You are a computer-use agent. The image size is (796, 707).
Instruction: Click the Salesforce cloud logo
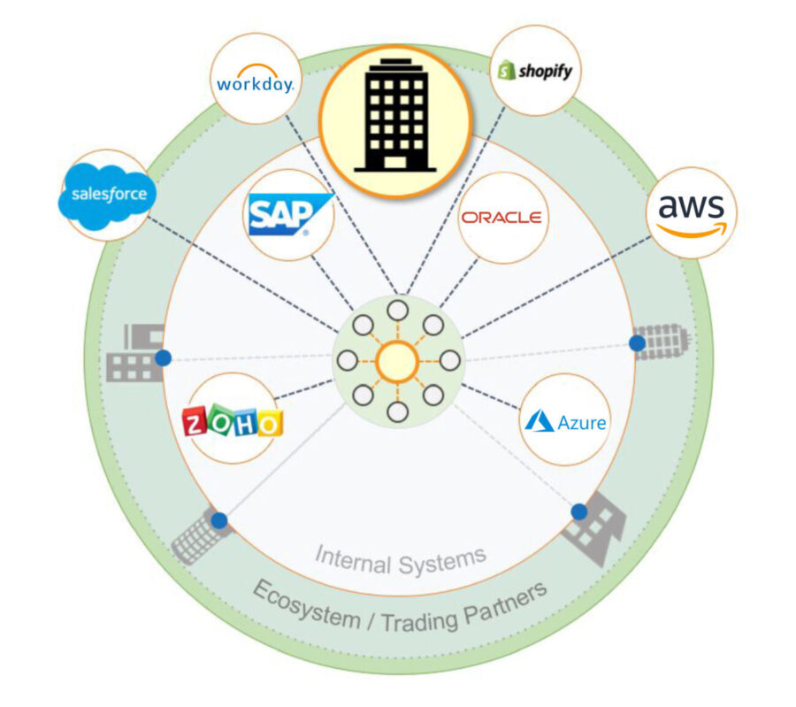pyautogui.click(x=102, y=194)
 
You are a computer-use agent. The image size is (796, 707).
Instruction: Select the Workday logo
pyautogui.click(x=256, y=82)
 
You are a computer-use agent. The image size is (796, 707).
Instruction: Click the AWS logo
pyautogui.click(x=691, y=213)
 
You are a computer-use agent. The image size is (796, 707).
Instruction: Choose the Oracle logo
pyautogui.click(x=501, y=217)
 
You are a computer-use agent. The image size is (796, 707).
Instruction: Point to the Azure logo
pyautogui.click(x=565, y=421)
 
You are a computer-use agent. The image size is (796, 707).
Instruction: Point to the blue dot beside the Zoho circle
pyautogui.click(x=163, y=357)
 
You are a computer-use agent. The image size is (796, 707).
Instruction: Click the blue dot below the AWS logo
pyautogui.click(x=637, y=342)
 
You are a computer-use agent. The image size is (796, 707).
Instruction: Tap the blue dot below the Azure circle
pyautogui.click(x=579, y=511)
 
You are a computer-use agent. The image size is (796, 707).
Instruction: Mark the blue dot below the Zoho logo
pyautogui.click(x=219, y=520)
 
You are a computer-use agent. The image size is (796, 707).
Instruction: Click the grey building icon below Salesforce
pyautogui.click(x=134, y=354)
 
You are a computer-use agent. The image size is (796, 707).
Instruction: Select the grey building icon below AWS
pyautogui.click(x=662, y=342)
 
